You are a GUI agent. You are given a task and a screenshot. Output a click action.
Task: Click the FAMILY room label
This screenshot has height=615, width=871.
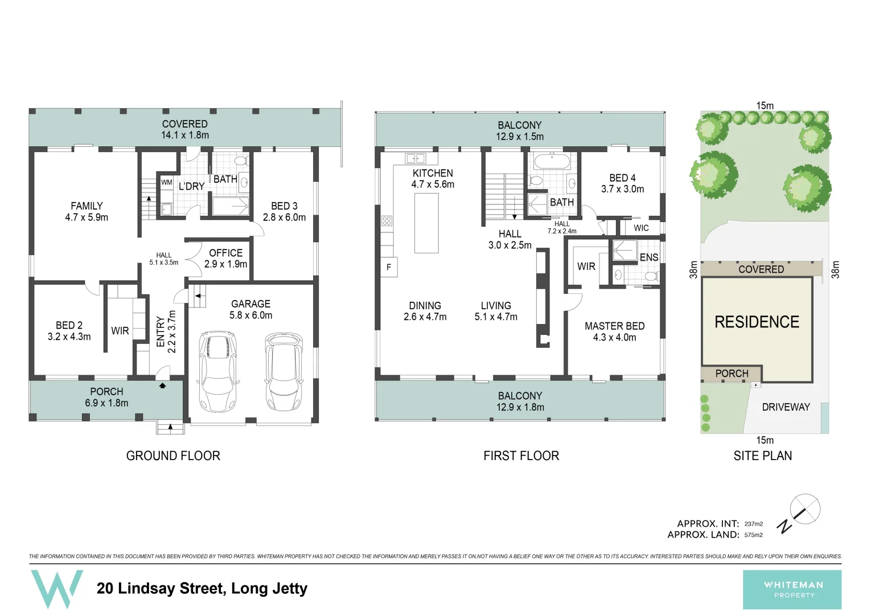tap(87, 206)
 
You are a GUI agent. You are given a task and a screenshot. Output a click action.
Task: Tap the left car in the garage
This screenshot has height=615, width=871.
tap(217, 371)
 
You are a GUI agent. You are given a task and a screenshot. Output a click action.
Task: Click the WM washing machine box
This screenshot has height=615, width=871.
tap(166, 182)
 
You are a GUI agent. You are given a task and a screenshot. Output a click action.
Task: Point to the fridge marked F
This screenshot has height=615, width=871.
tap(389, 267)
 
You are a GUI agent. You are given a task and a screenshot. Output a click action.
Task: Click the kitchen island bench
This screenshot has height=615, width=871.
tap(426, 223)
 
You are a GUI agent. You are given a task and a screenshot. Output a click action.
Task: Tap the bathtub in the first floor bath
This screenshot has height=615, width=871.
tap(550, 161)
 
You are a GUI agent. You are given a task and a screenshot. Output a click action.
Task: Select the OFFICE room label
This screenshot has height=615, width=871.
tap(225, 253)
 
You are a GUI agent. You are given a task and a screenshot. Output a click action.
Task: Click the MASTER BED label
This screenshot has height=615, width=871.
tap(614, 326)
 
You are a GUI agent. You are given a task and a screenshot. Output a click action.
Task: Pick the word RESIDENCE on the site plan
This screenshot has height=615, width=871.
tap(757, 322)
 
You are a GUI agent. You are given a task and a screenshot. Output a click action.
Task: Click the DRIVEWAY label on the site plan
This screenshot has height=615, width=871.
tap(786, 407)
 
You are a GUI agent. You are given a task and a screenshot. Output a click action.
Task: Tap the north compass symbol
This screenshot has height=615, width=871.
tap(804, 509)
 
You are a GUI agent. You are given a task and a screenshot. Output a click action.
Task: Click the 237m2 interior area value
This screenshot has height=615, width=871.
tap(753, 524)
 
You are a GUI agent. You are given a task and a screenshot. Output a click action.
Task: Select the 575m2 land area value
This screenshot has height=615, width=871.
tap(753, 535)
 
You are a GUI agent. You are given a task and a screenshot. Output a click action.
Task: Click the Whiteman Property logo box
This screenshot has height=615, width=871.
tap(792, 589)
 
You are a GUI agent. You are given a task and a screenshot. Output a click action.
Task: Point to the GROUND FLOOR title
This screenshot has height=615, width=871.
tap(173, 456)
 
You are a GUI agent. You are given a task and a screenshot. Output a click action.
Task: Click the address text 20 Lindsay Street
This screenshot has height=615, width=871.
tap(202, 588)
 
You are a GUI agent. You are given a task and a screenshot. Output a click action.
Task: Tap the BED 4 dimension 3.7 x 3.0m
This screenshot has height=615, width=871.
tap(622, 189)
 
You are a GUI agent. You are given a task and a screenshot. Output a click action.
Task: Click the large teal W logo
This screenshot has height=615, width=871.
tap(56, 589)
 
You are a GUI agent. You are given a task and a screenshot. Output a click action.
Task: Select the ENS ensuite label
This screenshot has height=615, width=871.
tap(648, 257)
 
